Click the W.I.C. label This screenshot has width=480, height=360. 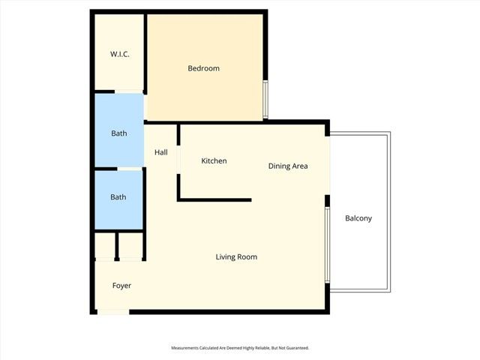pyautogui.click(x=119, y=53)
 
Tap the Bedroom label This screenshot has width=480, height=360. pyautogui.click(x=203, y=68)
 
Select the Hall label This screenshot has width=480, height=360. pyautogui.click(x=160, y=152)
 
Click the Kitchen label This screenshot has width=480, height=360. pyautogui.click(x=214, y=161)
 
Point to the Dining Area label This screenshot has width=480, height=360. pyautogui.click(x=288, y=166)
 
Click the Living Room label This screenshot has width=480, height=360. pyautogui.click(x=236, y=257)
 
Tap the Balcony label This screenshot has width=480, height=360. pyautogui.click(x=358, y=218)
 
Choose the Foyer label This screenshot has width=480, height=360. pyautogui.click(x=121, y=286)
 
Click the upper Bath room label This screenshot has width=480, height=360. pyautogui.click(x=118, y=133)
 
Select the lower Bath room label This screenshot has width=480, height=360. pyautogui.click(x=118, y=197)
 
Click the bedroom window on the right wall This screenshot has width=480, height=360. pyautogui.click(x=265, y=100)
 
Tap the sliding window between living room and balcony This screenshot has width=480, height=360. pyautogui.click(x=327, y=244)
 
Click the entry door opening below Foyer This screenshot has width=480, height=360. pyautogui.click(x=112, y=311)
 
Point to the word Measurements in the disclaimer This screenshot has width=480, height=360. pyautogui.click(x=187, y=348)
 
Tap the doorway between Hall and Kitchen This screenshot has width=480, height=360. pyautogui.click(x=178, y=160)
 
